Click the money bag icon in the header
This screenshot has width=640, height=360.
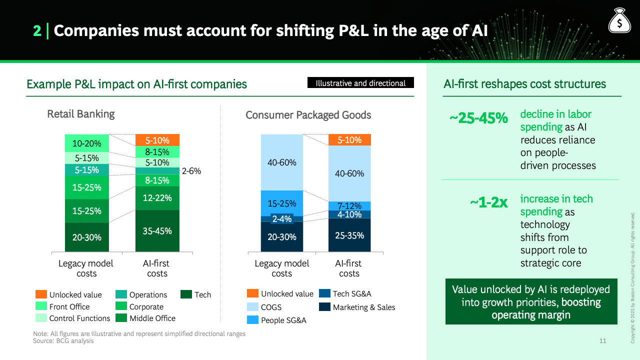[x=619, y=20]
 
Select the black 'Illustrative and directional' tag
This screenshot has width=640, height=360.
[x=360, y=82]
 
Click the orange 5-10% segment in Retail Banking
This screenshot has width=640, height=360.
[x=157, y=140]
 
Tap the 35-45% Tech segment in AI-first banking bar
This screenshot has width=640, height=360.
[x=157, y=231]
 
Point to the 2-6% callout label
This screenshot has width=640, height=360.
[x=191, y=171]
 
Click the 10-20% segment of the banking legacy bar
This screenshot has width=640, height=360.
[x=87, y=143]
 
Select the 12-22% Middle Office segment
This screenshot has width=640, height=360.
[x=157, y=198]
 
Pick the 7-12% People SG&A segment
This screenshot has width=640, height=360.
[x=349, y=205]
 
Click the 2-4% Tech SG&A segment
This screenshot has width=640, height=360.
[x=282, y=219]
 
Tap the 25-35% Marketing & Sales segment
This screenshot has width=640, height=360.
[x=349, y=235]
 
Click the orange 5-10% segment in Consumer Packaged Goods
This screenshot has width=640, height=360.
[x=349, y=139]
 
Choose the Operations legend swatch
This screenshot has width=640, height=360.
[x=121, y=294]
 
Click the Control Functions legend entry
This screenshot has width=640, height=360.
[x=73, y=318]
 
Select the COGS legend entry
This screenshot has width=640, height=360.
[x=264, y=307]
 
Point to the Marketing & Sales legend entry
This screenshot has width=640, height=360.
[x=357, y=307]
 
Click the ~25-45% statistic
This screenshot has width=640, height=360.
[x=478, y=118]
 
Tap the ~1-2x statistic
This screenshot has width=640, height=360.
[x=489, y=202]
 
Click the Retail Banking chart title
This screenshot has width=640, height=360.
[x=81, y=113]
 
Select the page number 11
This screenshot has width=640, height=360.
[x=602, y=340]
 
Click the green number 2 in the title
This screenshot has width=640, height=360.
[x=37, y=30]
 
